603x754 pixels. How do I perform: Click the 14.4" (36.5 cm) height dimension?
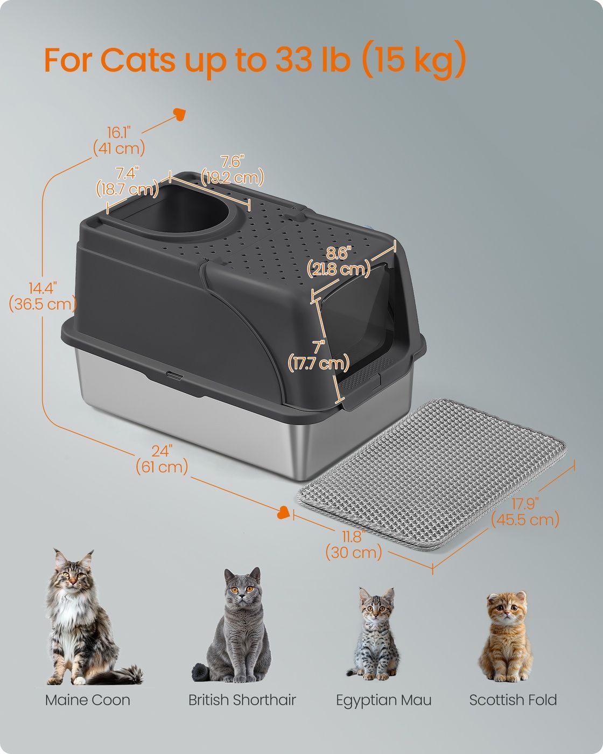click(43, 296)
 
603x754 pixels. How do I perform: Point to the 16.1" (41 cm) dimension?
click(119, 141)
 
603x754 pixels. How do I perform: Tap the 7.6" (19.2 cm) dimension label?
click(232, 170)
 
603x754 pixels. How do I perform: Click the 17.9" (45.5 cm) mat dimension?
click(525, 512)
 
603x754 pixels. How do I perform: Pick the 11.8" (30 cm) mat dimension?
click(354, 545)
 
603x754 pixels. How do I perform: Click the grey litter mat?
click(432, 474)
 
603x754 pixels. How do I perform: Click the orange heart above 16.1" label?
click(180, 114)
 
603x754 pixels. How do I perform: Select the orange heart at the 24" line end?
click(283, 513)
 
